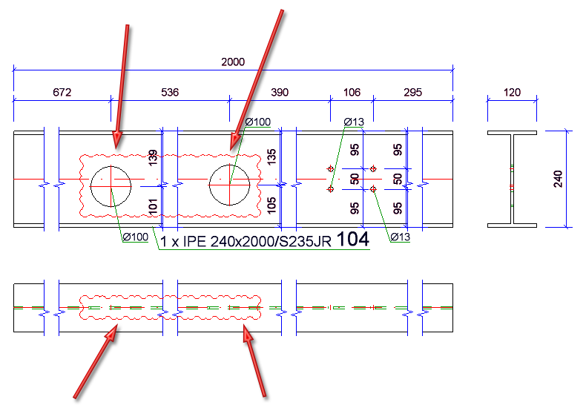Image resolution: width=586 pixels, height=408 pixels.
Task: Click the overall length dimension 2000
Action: point(232,62)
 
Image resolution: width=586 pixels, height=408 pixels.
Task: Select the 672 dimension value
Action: point(62,93)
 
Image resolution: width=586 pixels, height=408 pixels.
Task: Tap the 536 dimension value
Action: point(170,93)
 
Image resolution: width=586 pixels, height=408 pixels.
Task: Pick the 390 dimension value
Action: point(279,93)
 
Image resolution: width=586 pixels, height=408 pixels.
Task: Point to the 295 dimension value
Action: point(412,93)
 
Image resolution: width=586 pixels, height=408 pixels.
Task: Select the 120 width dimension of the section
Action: point(512,93)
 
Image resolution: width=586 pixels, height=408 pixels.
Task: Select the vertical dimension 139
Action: point(154,157)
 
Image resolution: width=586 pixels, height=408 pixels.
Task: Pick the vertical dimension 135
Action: point(271,157)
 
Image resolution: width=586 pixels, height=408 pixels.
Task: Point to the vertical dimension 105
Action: point(271,203)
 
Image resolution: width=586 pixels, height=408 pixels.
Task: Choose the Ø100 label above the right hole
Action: point(258,121)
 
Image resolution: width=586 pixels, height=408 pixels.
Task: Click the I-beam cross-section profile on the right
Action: point(511,179)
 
